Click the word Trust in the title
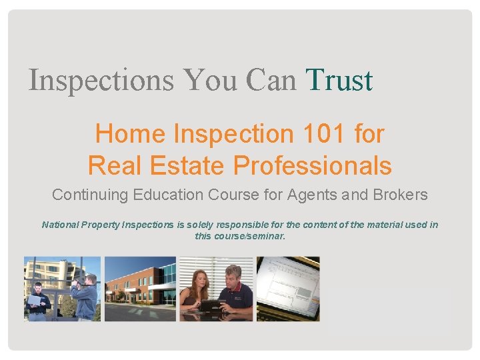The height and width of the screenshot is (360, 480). [x=339, y=81]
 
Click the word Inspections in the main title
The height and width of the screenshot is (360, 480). [x=101, y=81]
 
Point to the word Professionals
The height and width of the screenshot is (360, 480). [x=317, y=165]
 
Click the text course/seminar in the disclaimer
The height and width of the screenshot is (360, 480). [x=249, y=236]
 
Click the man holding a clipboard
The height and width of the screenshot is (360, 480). [x=39, y=301]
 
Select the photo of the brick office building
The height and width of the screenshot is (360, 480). [x=140, y=289]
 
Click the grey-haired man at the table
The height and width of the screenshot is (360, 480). [x=237, y=290]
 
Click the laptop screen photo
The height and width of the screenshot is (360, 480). [x=288, y=288]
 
